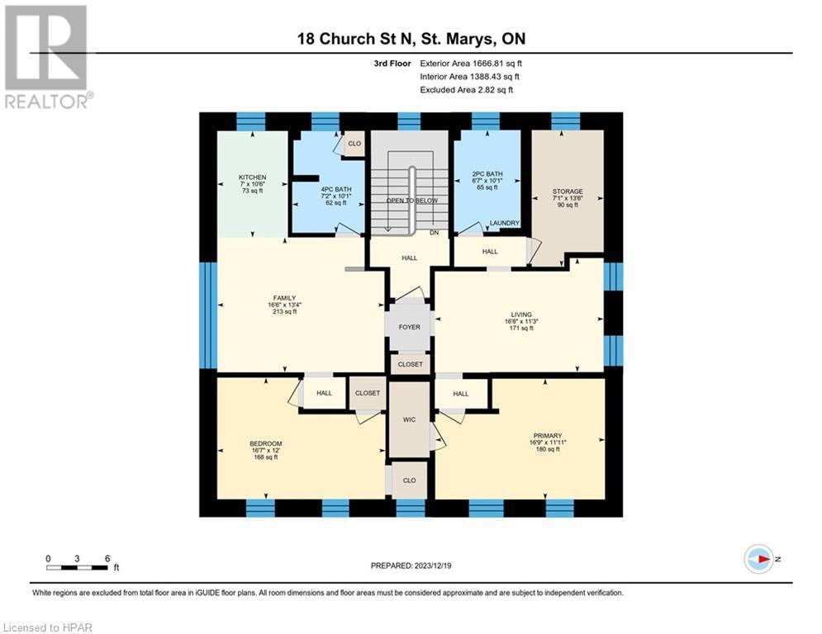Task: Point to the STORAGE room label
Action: click(x=568, y=192)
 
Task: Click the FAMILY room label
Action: click(x=284, y=299)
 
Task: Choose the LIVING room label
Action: click(x=520, y=315)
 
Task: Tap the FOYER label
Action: click(x=410, y=327)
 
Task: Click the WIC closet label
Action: click(x=409, y=420)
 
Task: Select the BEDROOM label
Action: click(x=265, y=444)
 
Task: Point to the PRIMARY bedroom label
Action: click(x=547, y=436)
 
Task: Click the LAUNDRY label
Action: click(x=504, y=223)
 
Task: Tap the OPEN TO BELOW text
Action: click(x=411, y=201)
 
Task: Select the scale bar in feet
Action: click(x=78, y=566)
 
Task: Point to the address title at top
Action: click(x=411, y=39)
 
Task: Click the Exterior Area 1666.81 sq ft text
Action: click(x=471, y=63)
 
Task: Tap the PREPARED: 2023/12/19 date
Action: click(x=411, y=565)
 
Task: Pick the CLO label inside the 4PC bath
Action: click(x=354, y=144)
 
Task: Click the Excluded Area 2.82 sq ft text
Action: click(x=471, y=89)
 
